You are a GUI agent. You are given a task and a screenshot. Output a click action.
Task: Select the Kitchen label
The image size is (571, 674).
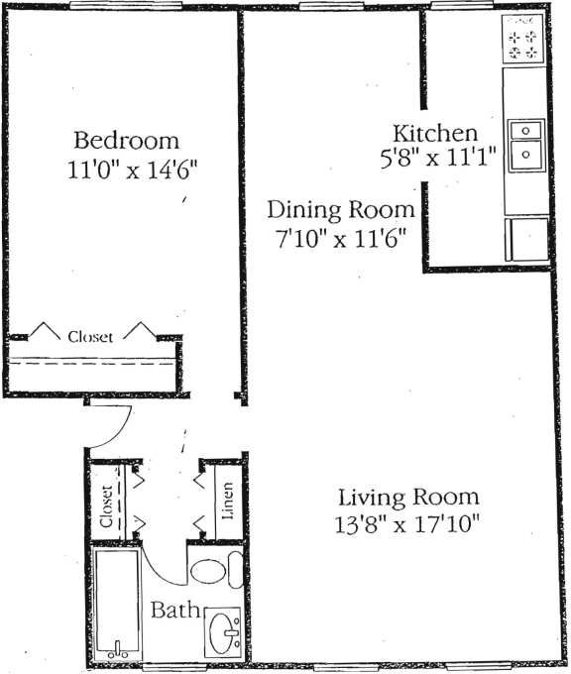pyautogui.click(x=436, y=133)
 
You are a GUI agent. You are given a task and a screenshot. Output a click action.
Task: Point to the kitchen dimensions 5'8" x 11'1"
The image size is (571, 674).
pyautogui.click(x=437, y=159)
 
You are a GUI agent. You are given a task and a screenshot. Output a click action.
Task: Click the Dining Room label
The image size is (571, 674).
pyautogui.click(x=341, y=210)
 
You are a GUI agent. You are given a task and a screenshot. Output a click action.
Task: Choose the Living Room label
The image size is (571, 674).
pyautogui.click(x=408, y=497)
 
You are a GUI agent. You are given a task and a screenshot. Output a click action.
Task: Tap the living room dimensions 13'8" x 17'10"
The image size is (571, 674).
pyautogui.click(x=408, y=523)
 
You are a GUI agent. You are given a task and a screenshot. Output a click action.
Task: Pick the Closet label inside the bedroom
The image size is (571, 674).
pyautogui.click(x=90, y=336)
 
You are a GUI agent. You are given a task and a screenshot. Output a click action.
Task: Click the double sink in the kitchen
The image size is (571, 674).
pyautogui.click(x=524, y=143)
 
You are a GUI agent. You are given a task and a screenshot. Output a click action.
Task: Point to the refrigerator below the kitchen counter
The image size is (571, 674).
pyautogui.click(x=526, y=240)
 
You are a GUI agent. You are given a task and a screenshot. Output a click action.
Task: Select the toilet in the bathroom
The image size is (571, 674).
pyautogui.click(x=212, y=572)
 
